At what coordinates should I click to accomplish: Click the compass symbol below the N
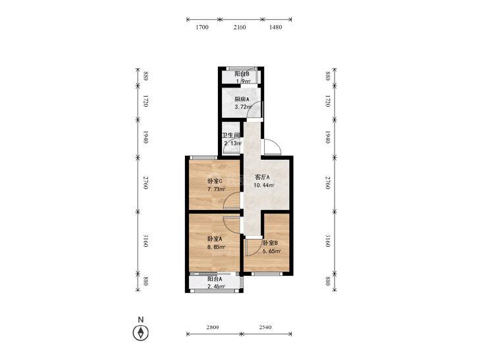(140, 332)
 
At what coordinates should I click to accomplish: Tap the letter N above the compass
(140, 320)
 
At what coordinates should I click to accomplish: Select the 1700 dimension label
(202, 27)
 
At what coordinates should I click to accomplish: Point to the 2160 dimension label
(240, 27)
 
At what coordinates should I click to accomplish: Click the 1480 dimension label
(275, 27)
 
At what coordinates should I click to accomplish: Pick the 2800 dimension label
(213, 327)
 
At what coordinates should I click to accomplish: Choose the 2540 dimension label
(265, 327)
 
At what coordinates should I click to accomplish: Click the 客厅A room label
(262, 177)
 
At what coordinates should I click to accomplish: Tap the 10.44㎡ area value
(263, 185)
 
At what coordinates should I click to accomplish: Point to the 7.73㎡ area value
(217, 189)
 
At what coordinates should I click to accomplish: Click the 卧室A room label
(215, 238)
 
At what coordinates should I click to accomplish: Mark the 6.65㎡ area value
(272, 251)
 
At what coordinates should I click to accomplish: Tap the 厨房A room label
(242, 99)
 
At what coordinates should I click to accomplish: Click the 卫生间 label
(231, 135)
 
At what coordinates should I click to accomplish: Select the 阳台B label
(242, 74)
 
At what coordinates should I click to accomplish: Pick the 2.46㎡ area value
(217, 286)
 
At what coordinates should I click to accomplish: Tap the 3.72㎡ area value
(243, 107)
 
